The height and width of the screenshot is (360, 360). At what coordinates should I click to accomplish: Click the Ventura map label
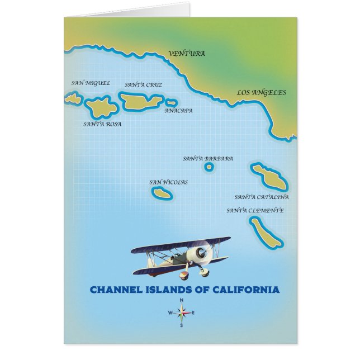coord(187,54)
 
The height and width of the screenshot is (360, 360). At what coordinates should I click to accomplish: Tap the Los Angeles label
coord(261,93)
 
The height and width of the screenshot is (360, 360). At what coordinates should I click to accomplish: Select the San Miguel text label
coord(91,83)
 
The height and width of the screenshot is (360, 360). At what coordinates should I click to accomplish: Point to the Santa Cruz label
coord(143,85)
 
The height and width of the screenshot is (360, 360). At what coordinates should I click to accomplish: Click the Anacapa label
coord(178,111)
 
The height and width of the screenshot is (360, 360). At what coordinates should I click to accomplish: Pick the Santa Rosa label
coord(102,124)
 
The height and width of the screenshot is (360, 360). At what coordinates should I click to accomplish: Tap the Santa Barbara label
coord(208,159)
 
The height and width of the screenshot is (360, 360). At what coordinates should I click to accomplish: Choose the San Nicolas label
coord(168,182)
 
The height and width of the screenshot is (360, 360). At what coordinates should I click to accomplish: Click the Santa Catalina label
coord(262,197)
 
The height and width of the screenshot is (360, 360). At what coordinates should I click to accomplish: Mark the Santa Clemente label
coord(255,211)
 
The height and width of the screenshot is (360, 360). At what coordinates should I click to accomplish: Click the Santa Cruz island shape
coord(141,101)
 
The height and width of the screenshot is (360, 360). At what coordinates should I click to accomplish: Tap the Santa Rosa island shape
coord(101,106)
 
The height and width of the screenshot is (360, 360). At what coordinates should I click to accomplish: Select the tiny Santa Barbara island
coord(209,167)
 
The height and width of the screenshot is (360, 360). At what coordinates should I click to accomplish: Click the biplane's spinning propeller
coord(200,253)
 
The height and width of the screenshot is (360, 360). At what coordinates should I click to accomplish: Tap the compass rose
coord(181,312)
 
